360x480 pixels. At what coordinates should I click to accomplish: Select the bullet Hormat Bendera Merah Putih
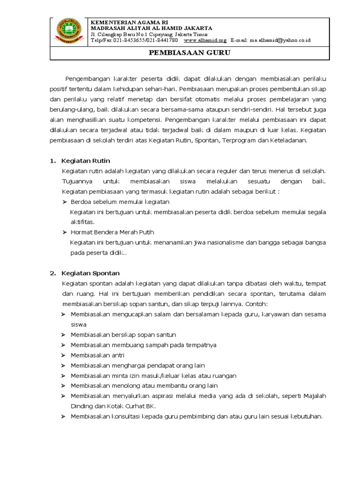click(112, 232)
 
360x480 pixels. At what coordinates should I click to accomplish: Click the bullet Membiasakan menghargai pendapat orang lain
click(137, 366)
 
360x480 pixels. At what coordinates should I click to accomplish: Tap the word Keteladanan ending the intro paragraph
click(288, 141)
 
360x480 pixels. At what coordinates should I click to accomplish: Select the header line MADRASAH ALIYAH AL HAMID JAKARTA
click(151, 28)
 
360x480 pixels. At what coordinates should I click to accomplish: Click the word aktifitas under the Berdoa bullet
click(82, 221)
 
